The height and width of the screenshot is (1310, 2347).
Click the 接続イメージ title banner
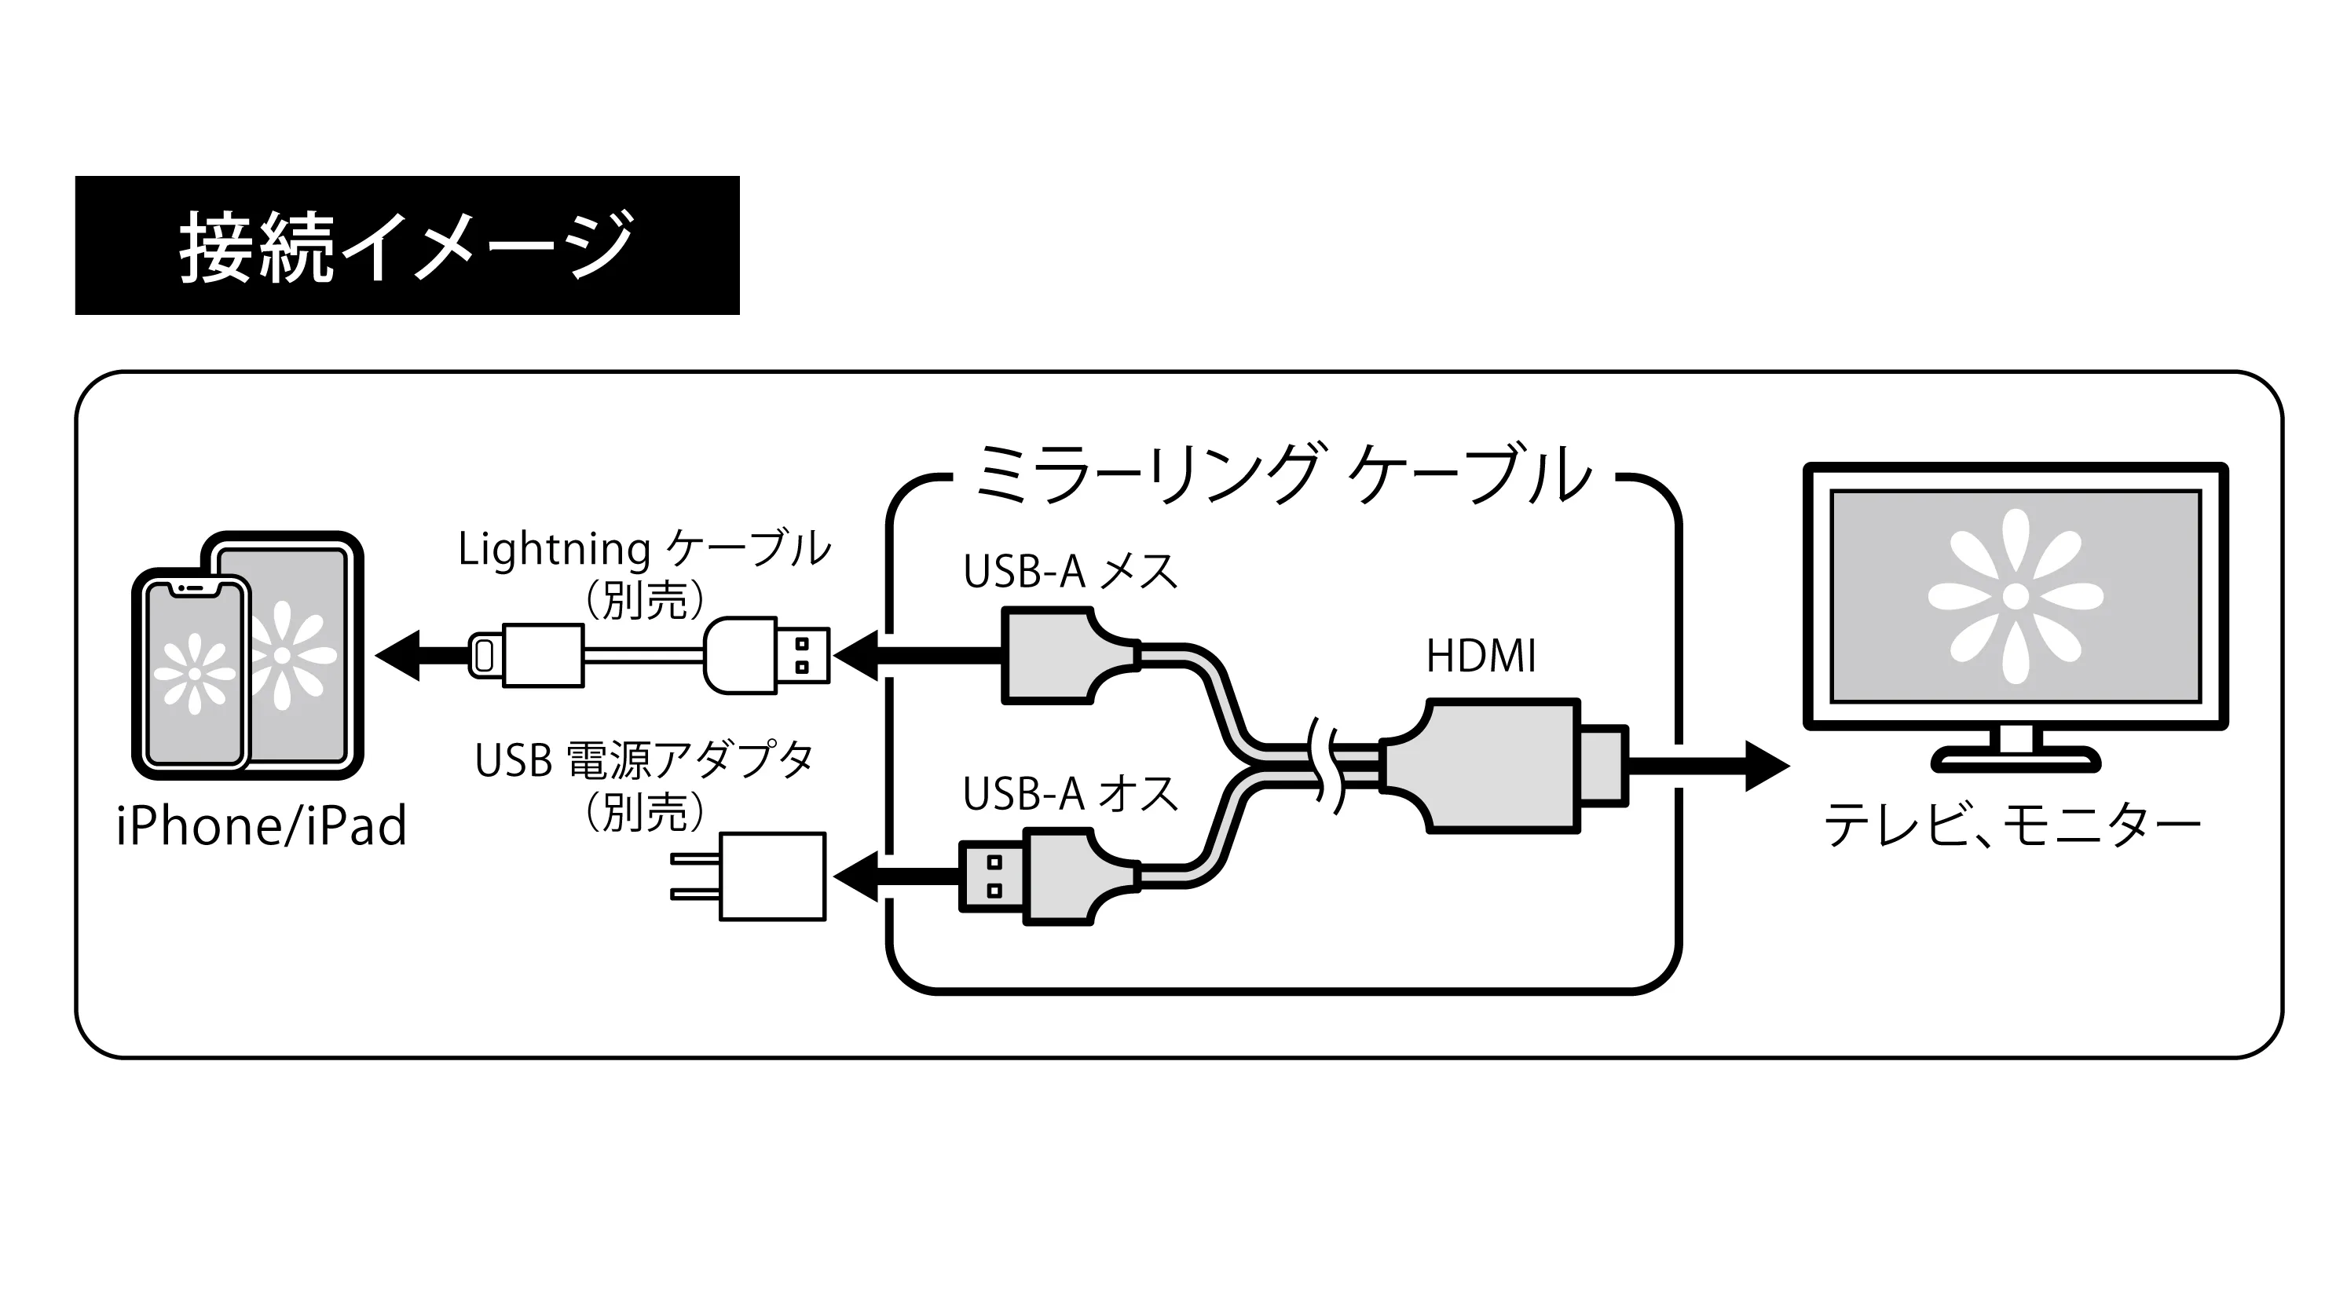[406, 245]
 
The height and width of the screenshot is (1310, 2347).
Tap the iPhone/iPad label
[262, 826]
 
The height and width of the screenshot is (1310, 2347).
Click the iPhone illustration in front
[193, 673]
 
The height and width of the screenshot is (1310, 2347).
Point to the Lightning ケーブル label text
[644, 549]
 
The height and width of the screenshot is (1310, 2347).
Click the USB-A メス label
[1071, 572]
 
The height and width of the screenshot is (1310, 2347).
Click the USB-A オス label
[1071, 794]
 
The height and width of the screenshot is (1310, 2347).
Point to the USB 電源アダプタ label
[644, 761]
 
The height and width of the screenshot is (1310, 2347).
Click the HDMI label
[1481, 656]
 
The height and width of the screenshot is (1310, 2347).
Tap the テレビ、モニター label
[2012, 826]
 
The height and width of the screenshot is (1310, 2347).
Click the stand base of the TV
[2016, 759]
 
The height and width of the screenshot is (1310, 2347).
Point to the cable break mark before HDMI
[1326, 765]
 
